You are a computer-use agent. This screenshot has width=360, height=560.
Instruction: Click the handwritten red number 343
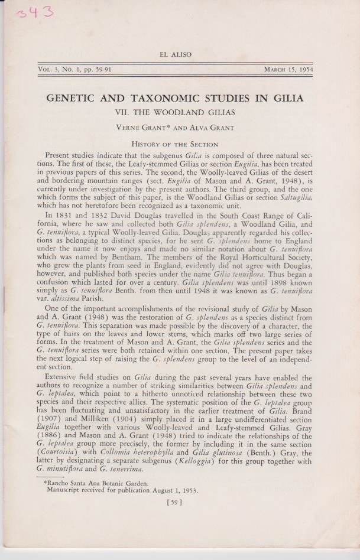coord(35,12)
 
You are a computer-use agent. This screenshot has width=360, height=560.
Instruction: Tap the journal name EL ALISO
coord(176,54)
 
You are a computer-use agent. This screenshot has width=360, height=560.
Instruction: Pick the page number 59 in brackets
coord(174,503)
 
